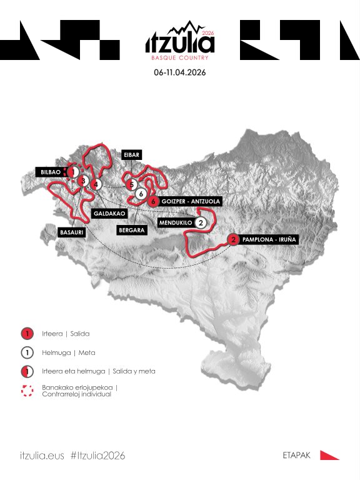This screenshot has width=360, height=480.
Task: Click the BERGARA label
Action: pos(131,230)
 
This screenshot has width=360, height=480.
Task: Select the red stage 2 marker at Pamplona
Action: pos(233,239)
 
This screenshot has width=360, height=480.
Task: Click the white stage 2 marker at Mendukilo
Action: pos(201,222)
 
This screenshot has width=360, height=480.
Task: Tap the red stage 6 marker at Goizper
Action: pos(153,201)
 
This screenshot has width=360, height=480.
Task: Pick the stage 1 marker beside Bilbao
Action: pos(73,171)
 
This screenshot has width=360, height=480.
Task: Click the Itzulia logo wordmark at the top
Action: pos(179,43)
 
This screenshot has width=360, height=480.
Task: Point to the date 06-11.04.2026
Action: pos(180,72)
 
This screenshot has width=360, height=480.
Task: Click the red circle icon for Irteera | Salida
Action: pos(27,334)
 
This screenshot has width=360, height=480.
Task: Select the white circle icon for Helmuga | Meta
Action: pos(27,352)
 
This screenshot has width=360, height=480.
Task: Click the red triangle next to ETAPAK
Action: pos(329,455)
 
